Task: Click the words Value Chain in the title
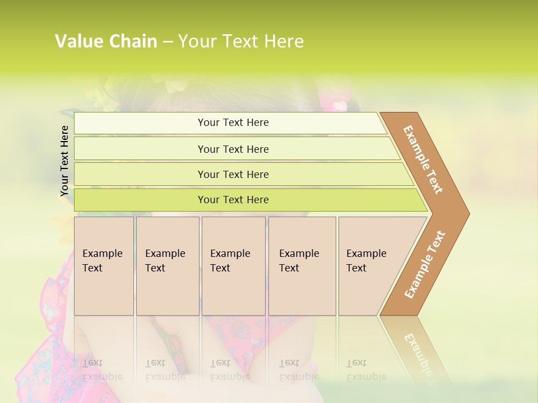tap(105, 41)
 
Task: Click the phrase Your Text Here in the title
tap(241, 41)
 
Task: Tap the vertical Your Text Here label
tap(64, 161)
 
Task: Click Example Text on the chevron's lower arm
tap(425, 264)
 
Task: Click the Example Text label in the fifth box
tap(366, 260)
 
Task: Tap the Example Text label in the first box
tap(102, 260)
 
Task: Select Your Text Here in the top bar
tap(233, 123)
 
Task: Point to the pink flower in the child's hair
tap(340, 106)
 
